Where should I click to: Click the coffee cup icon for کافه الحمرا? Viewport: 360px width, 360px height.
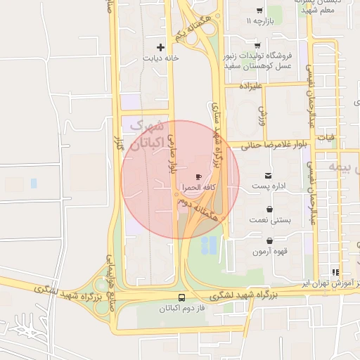pos(198,176)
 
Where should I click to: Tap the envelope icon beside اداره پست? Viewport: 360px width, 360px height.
pos(268,175)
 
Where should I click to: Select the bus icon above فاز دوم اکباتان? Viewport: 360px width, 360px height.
pos(183,297)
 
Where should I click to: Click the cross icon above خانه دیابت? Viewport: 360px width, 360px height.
pos(161,48)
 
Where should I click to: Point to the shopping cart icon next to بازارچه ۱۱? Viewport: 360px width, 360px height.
pos(259,11)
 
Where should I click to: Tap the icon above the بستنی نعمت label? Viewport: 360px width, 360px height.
pos(270,209)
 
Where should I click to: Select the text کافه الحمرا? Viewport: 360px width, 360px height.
pos(193,188)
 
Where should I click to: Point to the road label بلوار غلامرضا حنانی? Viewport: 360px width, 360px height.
pos(274,144)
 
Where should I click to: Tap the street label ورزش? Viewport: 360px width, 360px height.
pos(261,114)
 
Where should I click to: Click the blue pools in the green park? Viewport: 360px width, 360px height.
pos(209,245)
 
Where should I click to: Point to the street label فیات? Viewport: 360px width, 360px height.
pos(326,138)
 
